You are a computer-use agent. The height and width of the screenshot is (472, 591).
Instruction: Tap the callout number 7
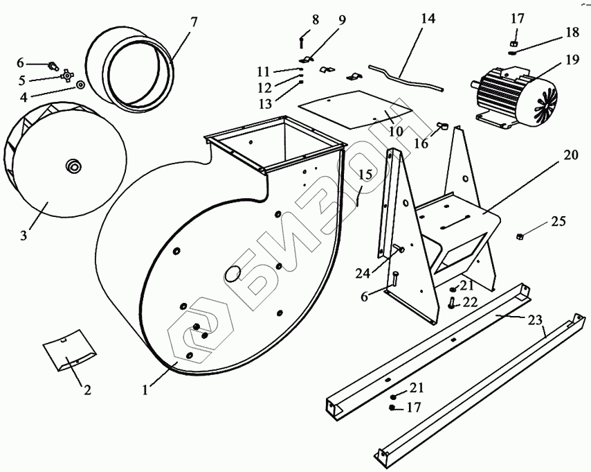pos(194,21)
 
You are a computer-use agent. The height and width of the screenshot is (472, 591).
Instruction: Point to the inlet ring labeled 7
pos(131,69)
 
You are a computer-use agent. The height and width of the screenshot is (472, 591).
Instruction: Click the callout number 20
pos(570,156)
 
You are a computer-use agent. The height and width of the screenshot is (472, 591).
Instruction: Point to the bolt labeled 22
pos(452,301)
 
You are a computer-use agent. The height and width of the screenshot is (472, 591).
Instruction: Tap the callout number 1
pos(145,390)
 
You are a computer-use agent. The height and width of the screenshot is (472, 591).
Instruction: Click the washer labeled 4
pos(81,85)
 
